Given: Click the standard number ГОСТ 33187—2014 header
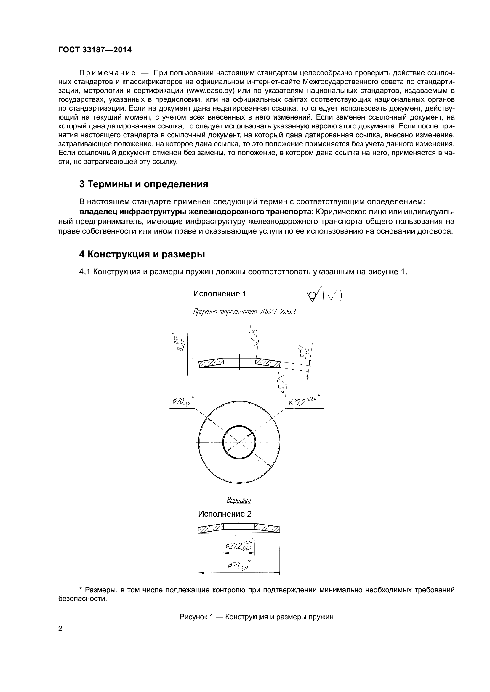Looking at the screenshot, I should [x=95, y=50].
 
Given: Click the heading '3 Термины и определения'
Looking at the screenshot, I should [x=144, y=184].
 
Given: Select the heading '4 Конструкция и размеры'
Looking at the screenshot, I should [x=142, y=254].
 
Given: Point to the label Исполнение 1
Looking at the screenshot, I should [x=219, y=293].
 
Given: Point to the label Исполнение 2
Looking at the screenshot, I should [x=225, y=514].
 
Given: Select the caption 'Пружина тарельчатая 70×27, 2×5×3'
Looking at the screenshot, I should [x=244, y=312].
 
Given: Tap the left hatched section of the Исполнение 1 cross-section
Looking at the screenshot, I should [x=211, y=364].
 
